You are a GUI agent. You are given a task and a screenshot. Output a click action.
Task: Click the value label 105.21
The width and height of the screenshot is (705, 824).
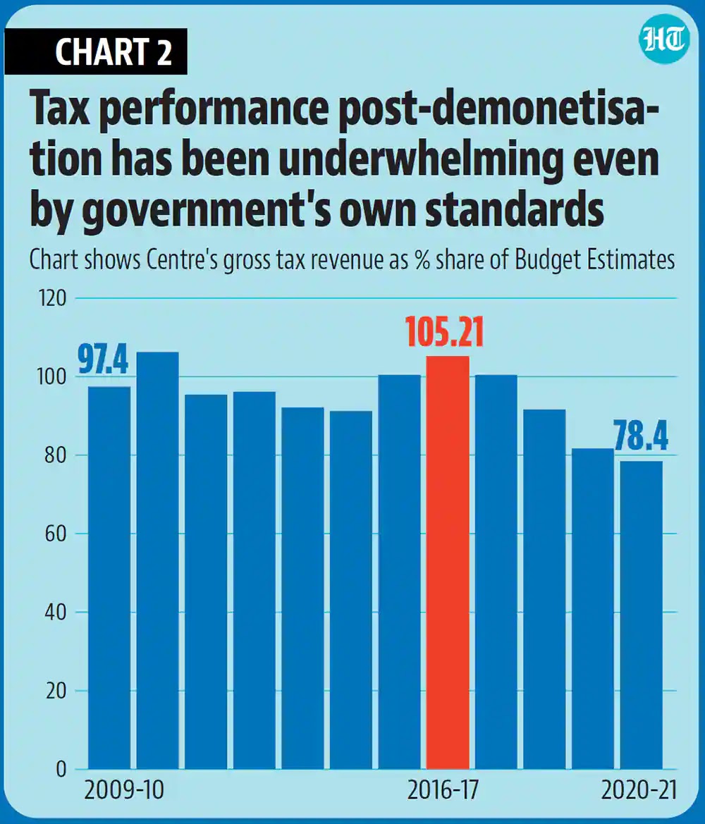point(445,333)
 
